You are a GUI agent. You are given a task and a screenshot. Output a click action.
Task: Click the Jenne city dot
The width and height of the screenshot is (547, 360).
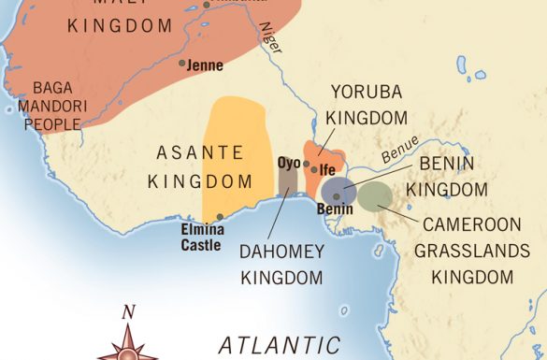182,64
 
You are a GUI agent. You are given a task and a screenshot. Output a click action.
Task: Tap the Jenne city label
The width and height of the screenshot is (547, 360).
206,66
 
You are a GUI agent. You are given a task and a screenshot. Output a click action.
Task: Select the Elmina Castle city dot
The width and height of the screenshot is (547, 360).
220,217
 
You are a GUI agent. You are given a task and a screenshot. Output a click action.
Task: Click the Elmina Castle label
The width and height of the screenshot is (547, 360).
200,237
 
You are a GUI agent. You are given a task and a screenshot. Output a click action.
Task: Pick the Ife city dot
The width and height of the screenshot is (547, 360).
314,170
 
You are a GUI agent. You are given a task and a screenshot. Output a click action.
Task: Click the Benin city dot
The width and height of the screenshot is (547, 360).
336,197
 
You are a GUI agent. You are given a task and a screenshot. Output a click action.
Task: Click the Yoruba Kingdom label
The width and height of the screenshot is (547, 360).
367,105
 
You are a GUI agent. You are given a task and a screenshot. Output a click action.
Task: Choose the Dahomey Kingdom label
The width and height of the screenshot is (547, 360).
281,265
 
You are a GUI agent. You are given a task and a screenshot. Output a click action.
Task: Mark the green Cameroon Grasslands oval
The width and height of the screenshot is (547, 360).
374,194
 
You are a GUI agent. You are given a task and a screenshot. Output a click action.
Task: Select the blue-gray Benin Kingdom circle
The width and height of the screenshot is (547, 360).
338,190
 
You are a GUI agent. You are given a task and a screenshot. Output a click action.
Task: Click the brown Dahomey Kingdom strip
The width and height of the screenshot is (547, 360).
287,183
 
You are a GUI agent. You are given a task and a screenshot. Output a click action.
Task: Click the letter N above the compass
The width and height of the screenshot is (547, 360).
129,311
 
